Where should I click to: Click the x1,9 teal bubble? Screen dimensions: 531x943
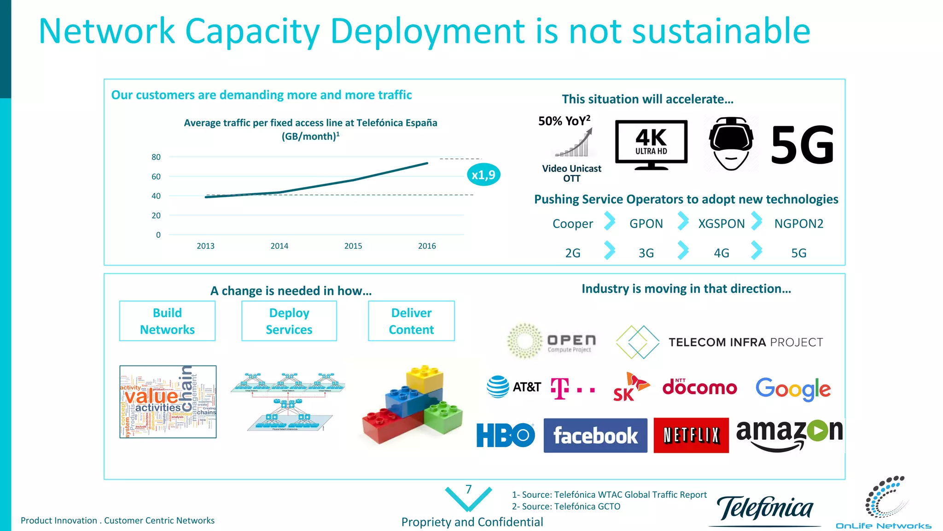(x=483, y=175)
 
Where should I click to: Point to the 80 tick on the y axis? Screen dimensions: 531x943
(x=156, y=157)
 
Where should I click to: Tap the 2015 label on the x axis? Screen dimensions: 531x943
(x=353, y=246)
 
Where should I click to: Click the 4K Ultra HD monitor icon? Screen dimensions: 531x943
(x=651, y=144)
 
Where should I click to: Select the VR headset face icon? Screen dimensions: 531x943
(x=731, y=143)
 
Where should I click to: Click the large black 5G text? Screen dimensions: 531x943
(x=802, y=145)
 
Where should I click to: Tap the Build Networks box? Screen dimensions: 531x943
(x=167, y=321)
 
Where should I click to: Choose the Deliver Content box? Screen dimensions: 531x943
(x=411, y=321)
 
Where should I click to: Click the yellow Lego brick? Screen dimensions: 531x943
(x=425, y=379)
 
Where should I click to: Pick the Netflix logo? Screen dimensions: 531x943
(x=691, y=435)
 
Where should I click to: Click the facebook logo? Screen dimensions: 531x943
(x=595, y=436)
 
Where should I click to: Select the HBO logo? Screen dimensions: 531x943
(x=505, y=435)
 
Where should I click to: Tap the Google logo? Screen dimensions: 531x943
(x=793, y=389)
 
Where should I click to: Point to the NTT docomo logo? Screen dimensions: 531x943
(x=699, y=388)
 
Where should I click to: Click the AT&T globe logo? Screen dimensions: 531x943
(x=498, y=387)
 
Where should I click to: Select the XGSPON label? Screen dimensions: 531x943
(x=721, y=224)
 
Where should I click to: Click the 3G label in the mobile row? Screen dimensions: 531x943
(x=646, y=253)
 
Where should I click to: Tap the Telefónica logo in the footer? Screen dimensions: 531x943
(x=765, y=509)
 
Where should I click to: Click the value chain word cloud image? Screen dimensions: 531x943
(x=168, y=401)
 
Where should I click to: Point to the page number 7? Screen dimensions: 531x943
(x=468, y=490)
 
